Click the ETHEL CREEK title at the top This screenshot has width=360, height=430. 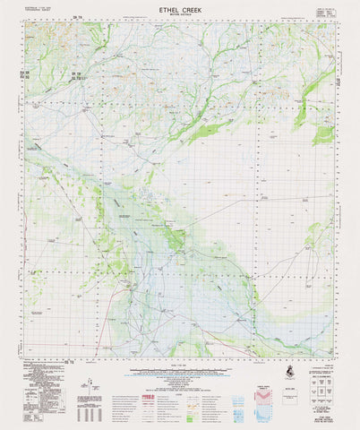click(x=180, y=8)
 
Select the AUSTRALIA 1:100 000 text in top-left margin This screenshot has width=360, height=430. click(x=37, y=8)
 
